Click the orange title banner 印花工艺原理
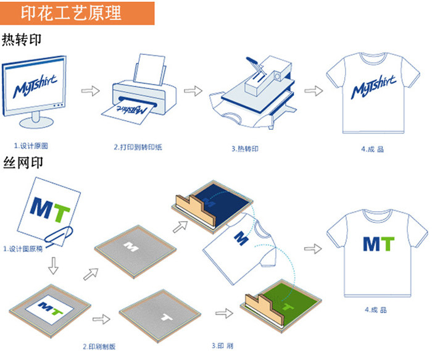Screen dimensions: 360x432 (77, 12)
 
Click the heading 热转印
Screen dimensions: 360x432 (22, 41)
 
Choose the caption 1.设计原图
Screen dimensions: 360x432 (31, 146)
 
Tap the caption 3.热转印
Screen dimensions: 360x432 (245, 148)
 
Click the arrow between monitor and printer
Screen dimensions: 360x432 (91, 91)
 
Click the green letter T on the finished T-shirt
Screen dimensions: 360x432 (387, 243)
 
